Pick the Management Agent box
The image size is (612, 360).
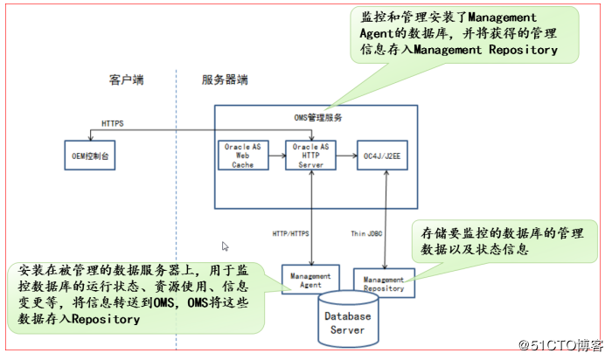307,280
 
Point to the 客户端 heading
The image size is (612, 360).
127,80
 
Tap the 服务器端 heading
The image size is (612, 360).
226,80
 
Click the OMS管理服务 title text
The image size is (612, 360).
317,116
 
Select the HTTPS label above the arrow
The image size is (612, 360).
112,124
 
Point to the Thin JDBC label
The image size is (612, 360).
368,233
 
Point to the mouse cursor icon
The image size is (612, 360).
226,247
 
